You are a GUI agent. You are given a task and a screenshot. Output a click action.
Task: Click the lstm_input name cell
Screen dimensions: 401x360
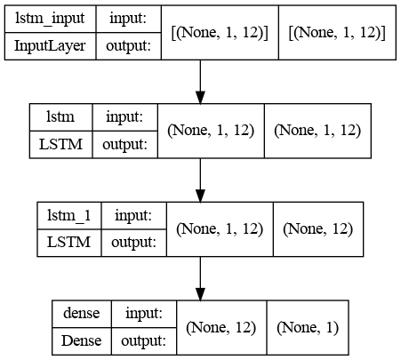pyautogui.click(x=50, y=19)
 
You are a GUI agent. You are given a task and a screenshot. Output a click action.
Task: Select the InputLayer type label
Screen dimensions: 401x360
pyautogui.click(x=50, y=46)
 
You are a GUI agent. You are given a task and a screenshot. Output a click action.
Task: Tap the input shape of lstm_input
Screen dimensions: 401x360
pyautogui.click(x=220, y=32)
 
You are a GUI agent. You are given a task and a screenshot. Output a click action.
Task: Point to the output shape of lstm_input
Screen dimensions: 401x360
pyautogui.click(x=337, y=32)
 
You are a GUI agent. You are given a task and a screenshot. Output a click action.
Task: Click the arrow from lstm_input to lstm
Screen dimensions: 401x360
pyautogui.click(x=200, y=82)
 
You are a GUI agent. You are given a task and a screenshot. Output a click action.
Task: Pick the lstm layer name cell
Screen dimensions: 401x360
pyautogui.click(x=60, y=117)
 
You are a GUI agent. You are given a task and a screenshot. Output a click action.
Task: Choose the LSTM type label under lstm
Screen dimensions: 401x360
pyautogui.click(x=60, y=145)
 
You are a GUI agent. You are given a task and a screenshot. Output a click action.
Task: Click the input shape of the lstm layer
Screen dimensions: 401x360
pyautogui.click(x=211, y=131)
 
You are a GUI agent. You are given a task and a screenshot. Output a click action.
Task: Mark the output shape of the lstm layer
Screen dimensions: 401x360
pyautogui.click(x=317, y=131)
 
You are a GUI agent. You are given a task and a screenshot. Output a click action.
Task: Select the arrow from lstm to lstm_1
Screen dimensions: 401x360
pyautogui.click(x=200, y=180)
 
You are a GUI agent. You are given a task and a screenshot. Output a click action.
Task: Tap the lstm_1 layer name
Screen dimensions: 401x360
pyautogui.click(x=69, y=215)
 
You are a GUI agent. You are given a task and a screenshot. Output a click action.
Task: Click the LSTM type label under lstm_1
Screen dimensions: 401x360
pyautogui.click(x=69, y=243)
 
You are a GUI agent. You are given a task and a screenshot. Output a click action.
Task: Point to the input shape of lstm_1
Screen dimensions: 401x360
pyautogui.click(x=220, y=229)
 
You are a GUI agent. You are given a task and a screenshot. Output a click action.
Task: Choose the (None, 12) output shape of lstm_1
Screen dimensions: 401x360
pyautogui.click(x=318, y=229)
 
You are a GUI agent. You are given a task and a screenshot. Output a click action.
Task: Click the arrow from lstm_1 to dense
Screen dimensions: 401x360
pyautogui.click(x=200, y=278)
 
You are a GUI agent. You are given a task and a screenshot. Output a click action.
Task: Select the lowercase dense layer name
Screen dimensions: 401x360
pyautogui.click(x=82, y=314)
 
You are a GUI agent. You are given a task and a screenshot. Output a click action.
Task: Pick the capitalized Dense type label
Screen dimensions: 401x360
pyautogui.click(x=82, y=340)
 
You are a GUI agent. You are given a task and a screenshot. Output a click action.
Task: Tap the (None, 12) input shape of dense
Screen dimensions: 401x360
pyautogui.click(x=221, y=327)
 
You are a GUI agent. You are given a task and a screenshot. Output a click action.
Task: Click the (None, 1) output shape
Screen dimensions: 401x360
pyautogui.click(x=308, y=327)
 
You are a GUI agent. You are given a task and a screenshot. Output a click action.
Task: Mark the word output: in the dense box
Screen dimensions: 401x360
pyautogui.click(x=143, y=341)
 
